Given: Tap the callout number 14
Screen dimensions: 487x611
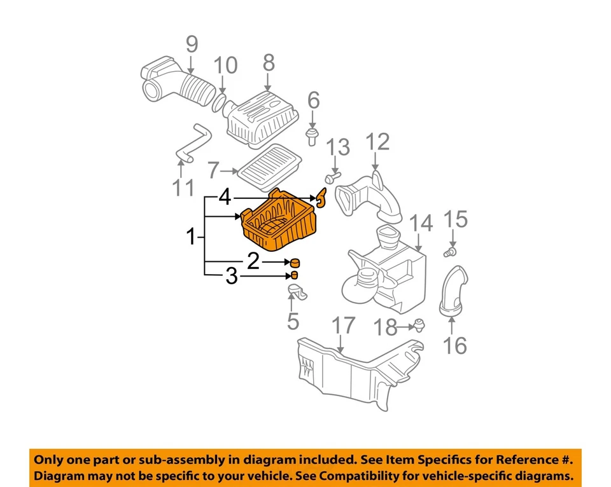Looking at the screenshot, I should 421,223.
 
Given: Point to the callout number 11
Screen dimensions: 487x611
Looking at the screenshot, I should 185,188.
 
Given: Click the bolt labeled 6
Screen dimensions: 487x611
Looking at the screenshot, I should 312,135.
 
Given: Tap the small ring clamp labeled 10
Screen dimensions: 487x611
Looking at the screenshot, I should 218,102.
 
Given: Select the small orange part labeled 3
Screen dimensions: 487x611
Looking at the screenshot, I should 295,275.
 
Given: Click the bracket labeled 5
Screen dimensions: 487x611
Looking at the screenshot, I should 298,293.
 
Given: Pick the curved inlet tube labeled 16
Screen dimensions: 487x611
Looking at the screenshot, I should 453,291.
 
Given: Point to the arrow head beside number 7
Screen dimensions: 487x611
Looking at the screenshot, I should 235,170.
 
